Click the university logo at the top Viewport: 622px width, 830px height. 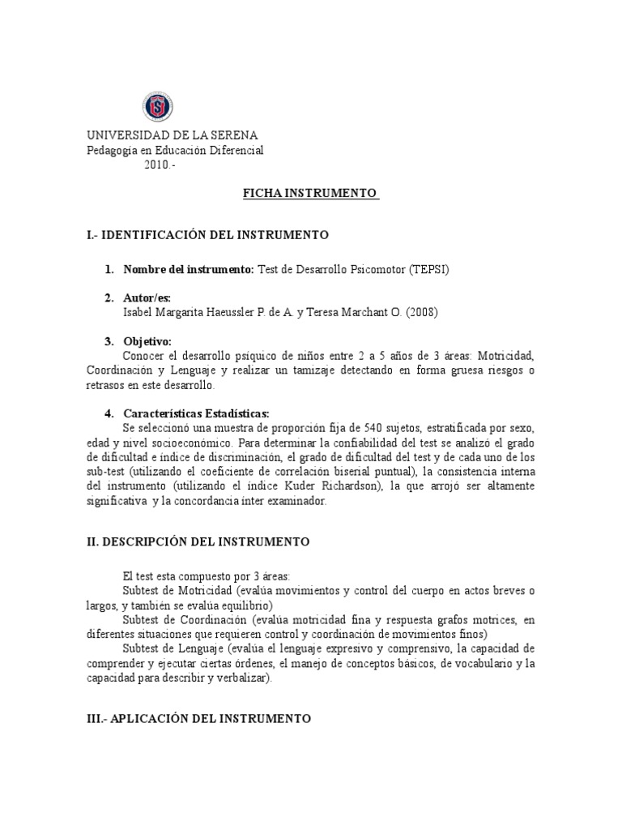158,107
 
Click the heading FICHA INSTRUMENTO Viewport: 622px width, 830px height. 311,194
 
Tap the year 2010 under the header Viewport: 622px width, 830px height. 159,165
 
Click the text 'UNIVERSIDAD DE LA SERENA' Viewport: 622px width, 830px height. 173,135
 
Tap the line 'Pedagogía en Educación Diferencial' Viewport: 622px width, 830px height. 175,150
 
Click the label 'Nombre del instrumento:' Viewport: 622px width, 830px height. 188,269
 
